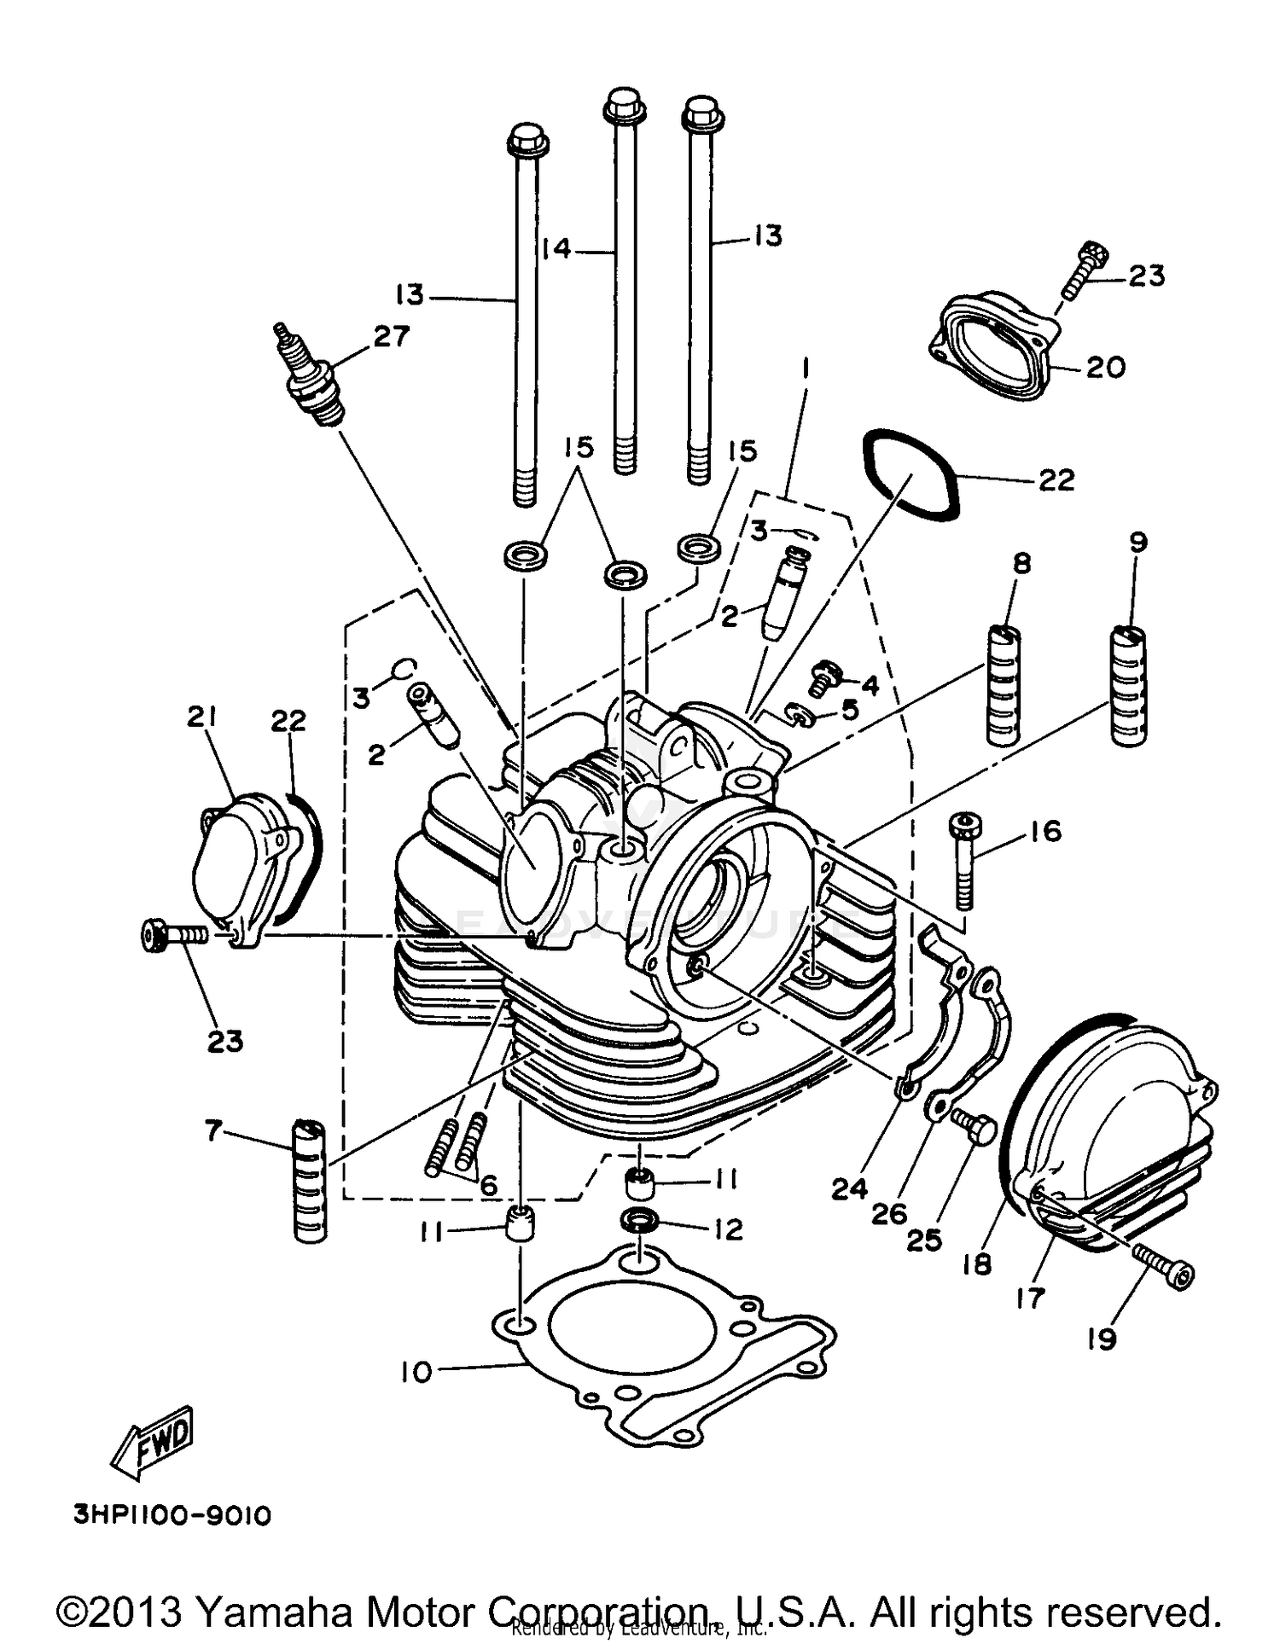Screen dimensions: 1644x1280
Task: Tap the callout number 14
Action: point(556,249)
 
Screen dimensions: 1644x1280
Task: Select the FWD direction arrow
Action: point(154,1441)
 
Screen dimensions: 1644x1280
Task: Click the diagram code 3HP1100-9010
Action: point(172,1516)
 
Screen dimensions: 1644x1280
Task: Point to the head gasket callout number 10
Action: point(416,1373)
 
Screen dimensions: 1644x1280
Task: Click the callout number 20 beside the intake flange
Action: point(1105,367)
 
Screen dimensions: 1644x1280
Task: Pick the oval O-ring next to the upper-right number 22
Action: point(911,474)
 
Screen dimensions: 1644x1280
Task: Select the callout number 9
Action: point(1137,542)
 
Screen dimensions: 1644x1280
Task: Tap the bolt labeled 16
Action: point(964,862)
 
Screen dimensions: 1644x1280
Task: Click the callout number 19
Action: point(1101,1339)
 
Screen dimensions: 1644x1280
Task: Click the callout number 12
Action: point(728,1229)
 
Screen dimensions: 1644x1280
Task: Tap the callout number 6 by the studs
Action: point(488,1185)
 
